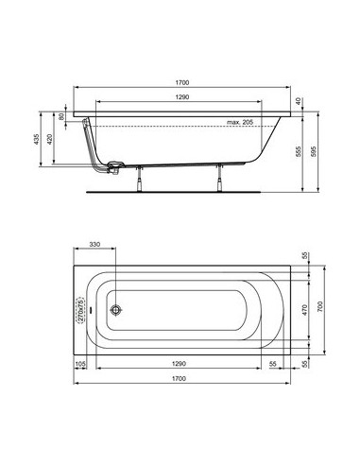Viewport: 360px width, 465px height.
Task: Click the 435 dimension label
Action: (36, 140)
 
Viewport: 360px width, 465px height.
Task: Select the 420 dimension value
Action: (49, 140)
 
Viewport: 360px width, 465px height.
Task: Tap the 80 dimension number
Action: (61, 116)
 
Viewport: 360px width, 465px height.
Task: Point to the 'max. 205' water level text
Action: (240, 122)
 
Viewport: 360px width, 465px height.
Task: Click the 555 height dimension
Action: (299, 151)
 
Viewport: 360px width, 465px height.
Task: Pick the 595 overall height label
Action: (314, 151)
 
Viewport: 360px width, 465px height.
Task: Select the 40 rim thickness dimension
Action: (299, 101)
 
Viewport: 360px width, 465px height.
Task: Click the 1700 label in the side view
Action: (182, 82)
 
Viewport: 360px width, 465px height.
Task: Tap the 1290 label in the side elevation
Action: (182, 97)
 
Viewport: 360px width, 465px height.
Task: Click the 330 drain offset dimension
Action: (94, 245)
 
